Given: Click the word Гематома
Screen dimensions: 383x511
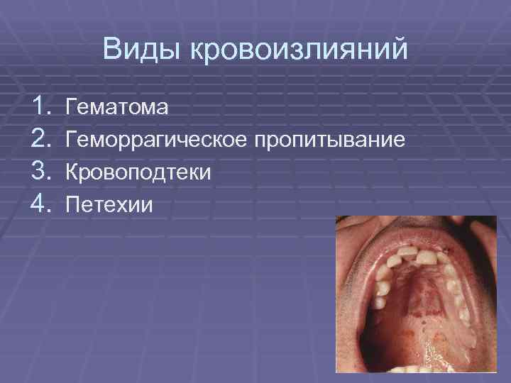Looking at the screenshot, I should click(117, 108).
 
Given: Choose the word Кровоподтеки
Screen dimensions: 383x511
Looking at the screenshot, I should click(138, 172).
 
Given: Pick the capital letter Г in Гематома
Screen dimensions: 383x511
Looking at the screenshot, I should click(70, 108).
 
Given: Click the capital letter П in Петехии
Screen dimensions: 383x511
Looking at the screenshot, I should click(72, 205).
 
